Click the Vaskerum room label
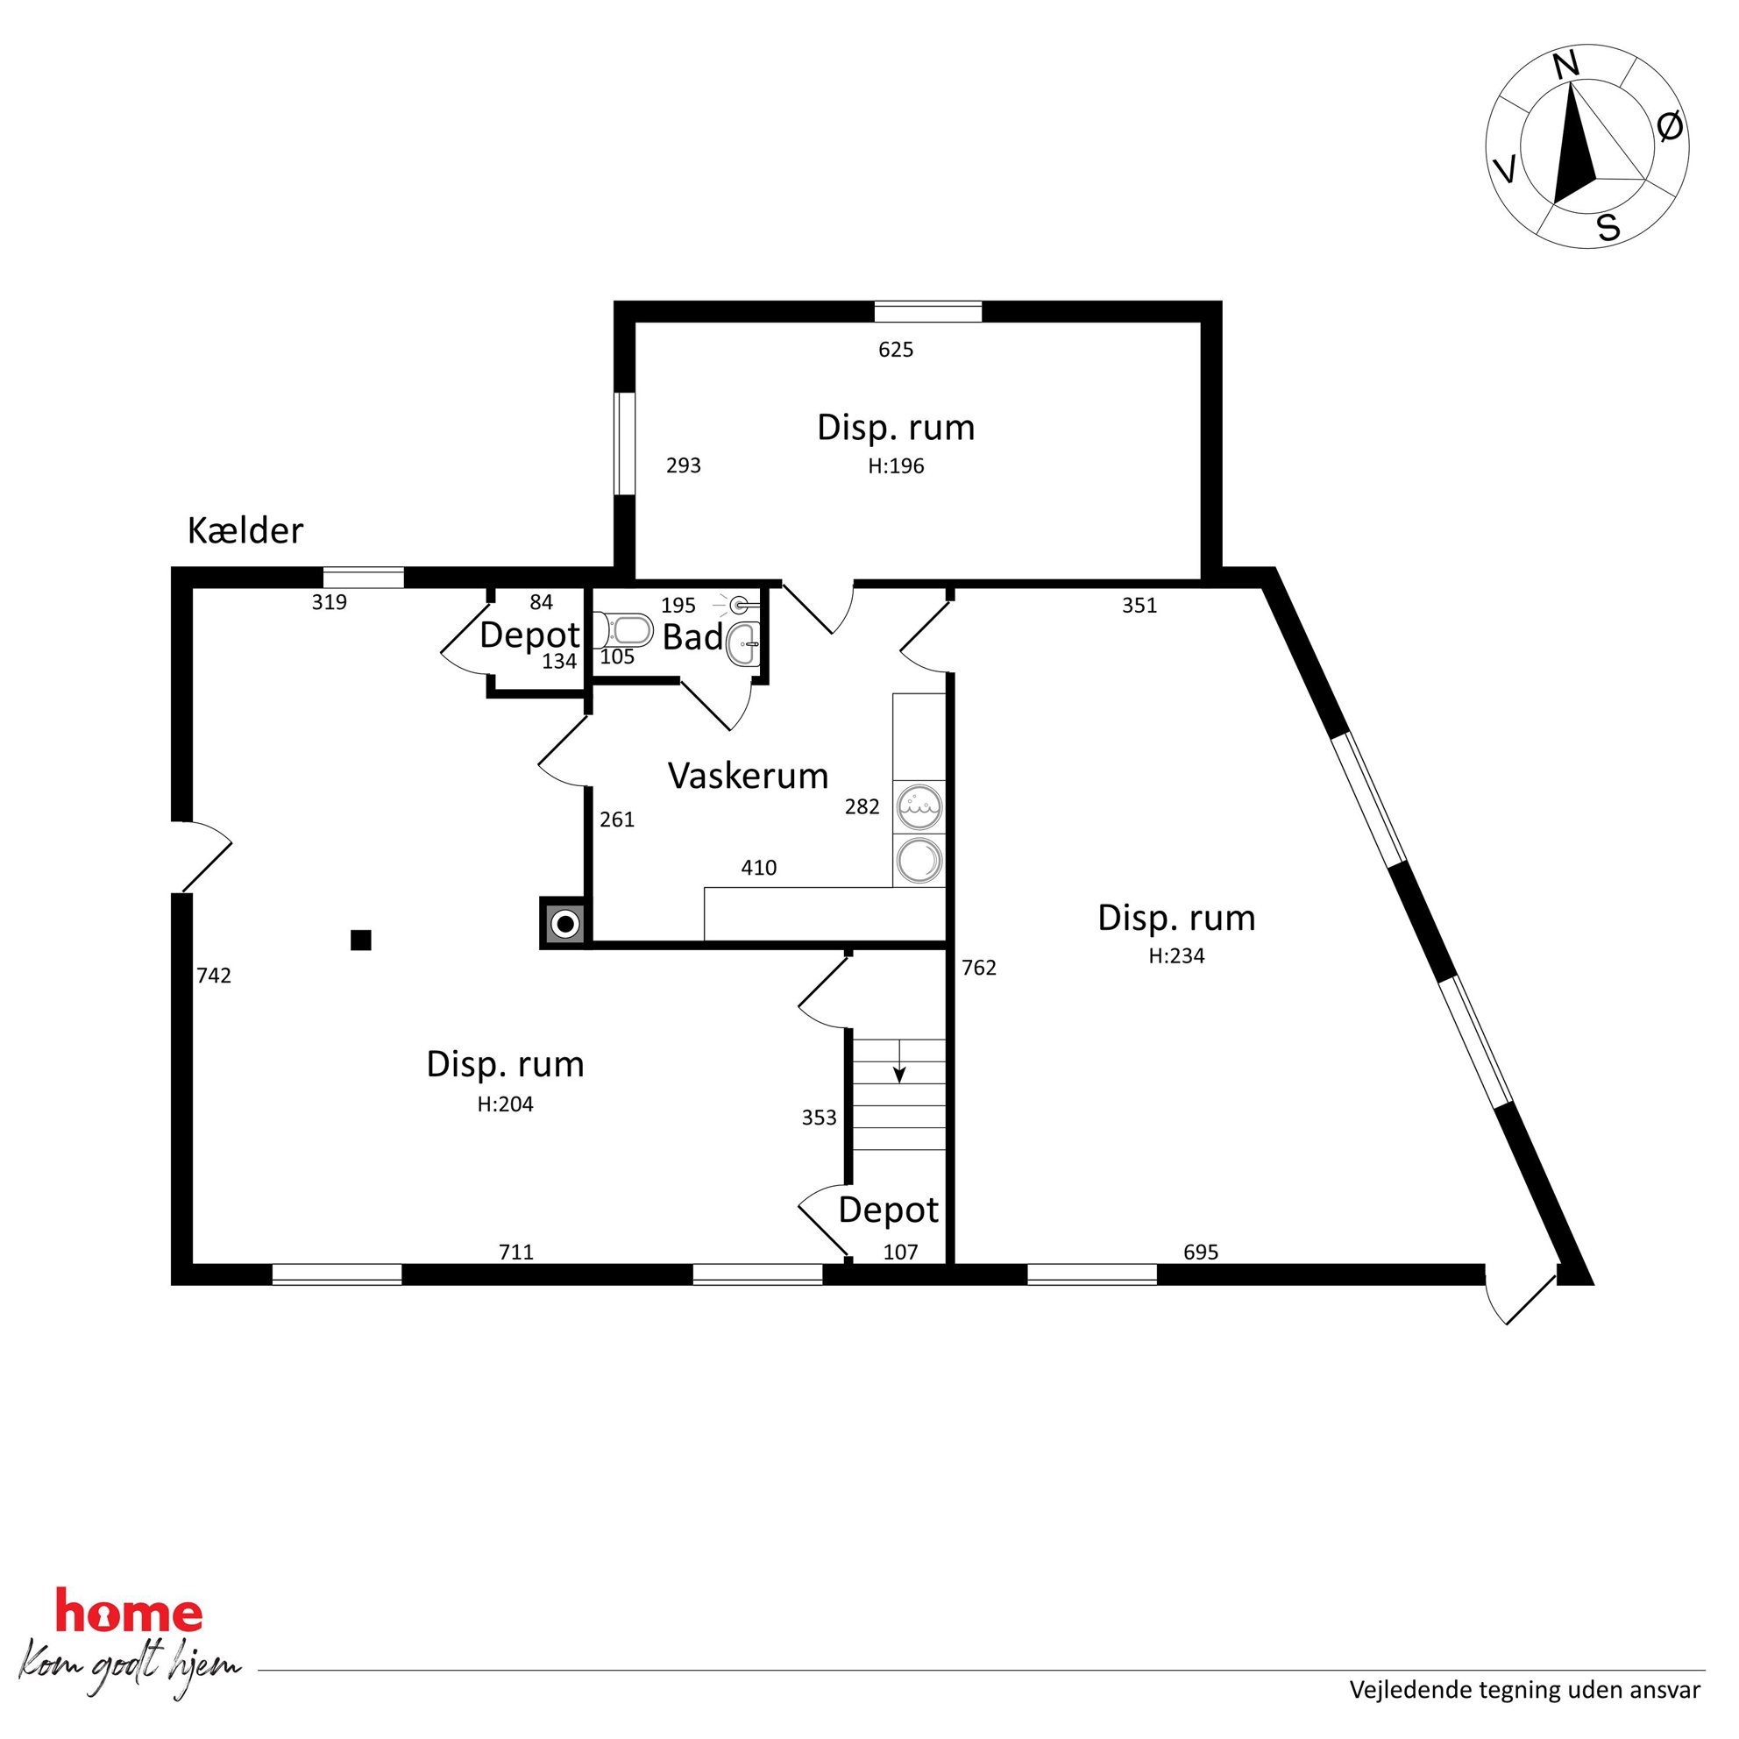pos(748,776)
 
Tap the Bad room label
pos(692,637)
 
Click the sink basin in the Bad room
pos(743,643)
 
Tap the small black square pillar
pos(361,940)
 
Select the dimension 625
pos(896,349)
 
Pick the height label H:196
pos(896,466)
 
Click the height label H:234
pos(1176,956)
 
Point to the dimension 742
pos(214,975)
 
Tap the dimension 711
pos(516,1251)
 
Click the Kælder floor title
pos(245,531)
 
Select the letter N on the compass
pos(1565,65)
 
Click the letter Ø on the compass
pos(1670,127)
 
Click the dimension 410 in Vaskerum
pos(759,868)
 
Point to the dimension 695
pos(1201,1251)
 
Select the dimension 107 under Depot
pos(900,1251)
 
